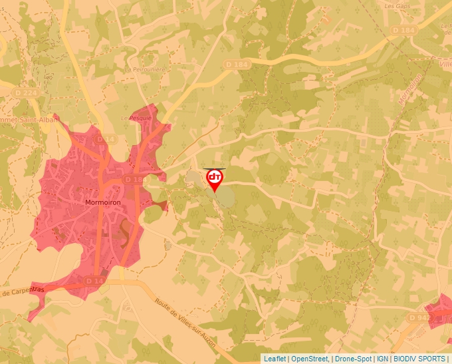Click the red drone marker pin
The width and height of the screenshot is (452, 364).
click(x=215, y=179)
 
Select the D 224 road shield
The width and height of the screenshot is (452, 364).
click(x=25, y=92)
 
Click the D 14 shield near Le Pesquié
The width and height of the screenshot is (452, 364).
click(x=101, y=139)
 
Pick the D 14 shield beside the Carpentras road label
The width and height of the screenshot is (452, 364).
click(x=94, y=282)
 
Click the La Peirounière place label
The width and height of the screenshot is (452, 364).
click(x=144, y=69)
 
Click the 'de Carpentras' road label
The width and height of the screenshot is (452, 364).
click(x=23, y=291)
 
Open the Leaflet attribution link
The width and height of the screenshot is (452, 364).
click(x=275, y=359)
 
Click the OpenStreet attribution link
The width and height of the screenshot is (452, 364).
click(x=309, y=359)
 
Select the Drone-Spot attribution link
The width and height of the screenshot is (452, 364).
click(x=353, y=359)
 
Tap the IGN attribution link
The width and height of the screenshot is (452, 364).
click(x=382, y=359)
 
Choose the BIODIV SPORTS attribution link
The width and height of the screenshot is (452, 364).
click(x=419, y=359)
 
